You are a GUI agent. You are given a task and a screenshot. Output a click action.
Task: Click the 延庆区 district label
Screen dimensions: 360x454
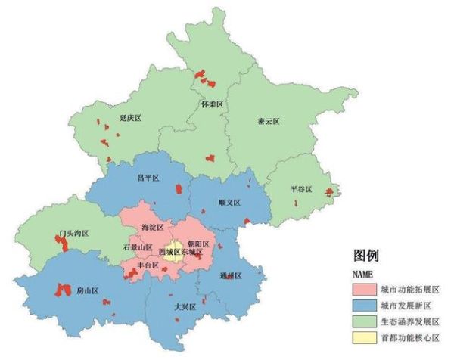click(x=131, y=119)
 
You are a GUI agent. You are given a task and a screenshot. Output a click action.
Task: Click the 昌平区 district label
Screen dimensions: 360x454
click(x=147, y=178)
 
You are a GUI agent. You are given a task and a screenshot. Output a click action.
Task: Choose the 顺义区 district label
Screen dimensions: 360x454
click(x=229, y=203)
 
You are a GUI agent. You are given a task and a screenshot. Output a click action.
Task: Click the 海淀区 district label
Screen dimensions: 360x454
click(x=151, y=228)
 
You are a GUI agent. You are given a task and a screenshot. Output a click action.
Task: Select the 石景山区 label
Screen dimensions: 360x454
click(x=138, y=247)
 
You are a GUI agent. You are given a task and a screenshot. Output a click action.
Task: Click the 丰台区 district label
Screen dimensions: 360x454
click(x=148, y=266)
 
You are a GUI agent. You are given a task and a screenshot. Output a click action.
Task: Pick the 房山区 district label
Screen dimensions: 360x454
click(x=88, y=291)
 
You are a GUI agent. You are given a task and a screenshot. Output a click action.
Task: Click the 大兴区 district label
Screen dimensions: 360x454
click(x=185, y=307)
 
